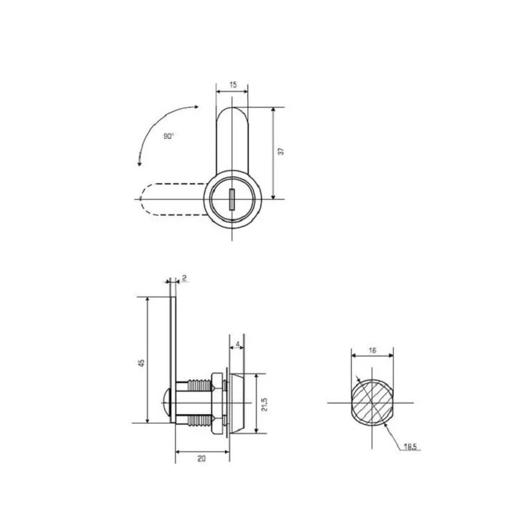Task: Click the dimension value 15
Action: [233, 85]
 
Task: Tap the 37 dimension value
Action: [281, 151]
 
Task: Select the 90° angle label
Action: [169, 136]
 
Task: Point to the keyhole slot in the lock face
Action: [232, 200]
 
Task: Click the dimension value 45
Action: [141, 362]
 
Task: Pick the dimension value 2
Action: [185, 278]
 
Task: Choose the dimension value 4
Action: [238, 344]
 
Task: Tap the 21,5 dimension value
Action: [264, 404]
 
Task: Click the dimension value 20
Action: [202, 459]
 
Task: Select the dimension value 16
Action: [372, 350]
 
